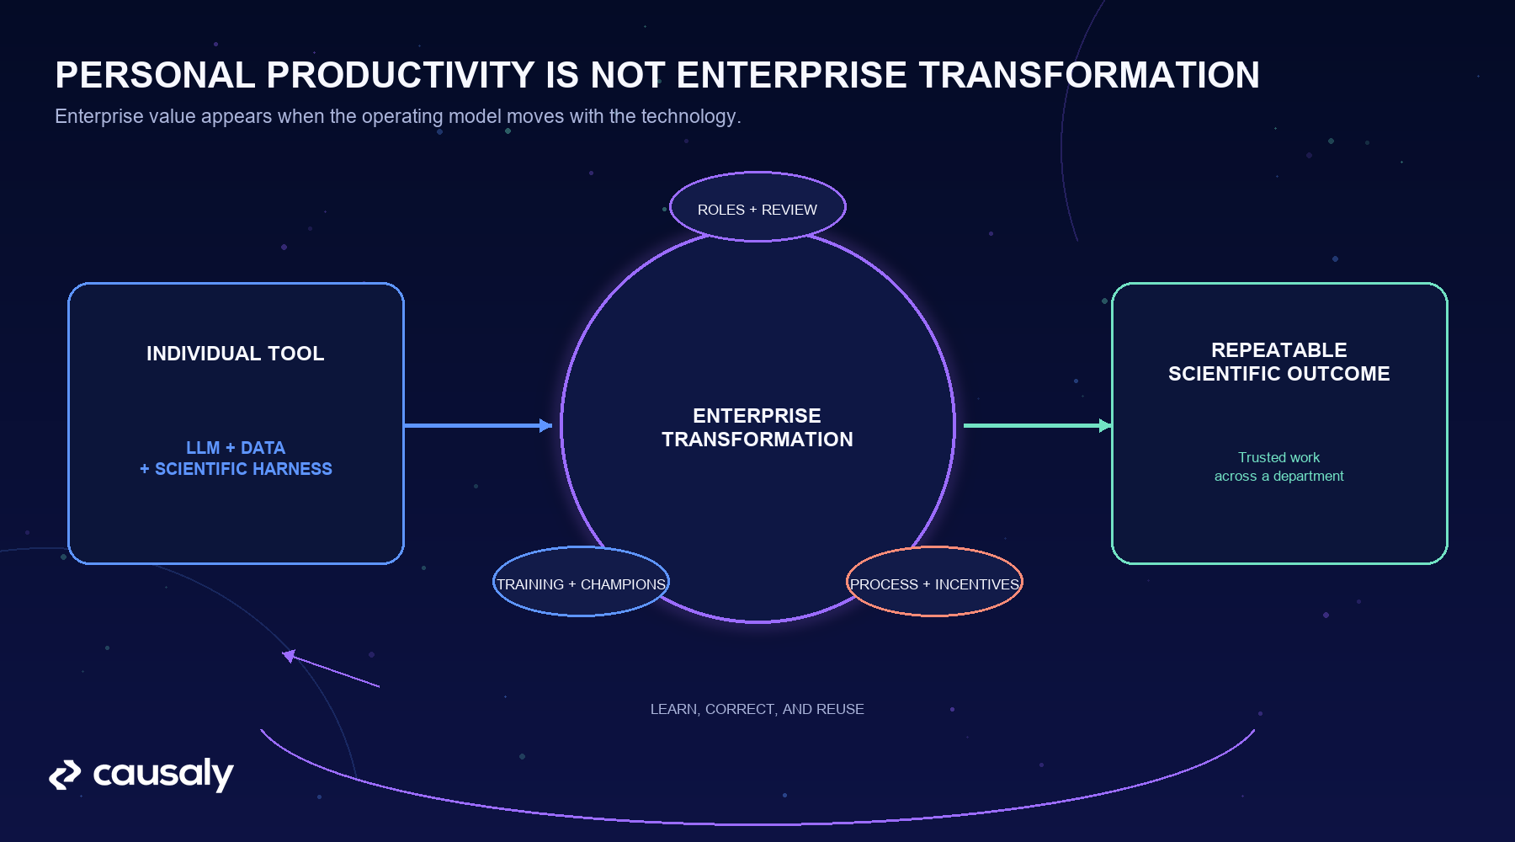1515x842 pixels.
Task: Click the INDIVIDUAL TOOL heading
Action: pos(236,354)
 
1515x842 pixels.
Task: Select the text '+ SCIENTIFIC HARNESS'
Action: pos(236,469)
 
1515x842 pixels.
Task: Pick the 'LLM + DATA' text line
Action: pos(236,448)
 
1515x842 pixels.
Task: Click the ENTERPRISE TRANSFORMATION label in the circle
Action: pos(757,428)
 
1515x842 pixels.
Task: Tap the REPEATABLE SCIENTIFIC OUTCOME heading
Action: pos(1279,362)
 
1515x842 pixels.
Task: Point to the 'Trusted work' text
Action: pos(1279,457)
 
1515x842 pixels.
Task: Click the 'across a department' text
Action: pos(1279,477)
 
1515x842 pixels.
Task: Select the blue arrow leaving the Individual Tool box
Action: pos(478,426)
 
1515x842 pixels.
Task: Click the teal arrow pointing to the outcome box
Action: pos(1038,426)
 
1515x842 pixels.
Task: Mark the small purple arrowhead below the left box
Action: pos(290,655)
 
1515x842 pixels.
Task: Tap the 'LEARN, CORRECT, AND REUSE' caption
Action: pos(757,709)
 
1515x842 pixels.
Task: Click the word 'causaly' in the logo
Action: pos(163,775)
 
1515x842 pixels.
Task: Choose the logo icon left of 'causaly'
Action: pos(65,775)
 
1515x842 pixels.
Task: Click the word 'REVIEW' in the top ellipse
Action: pos(789,210)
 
